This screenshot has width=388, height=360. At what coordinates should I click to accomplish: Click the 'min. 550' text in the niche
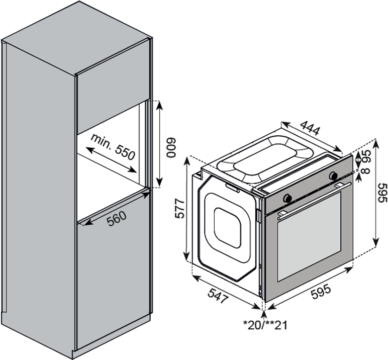click(113, 146)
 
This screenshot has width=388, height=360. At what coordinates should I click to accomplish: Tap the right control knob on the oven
click(333, 175)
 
